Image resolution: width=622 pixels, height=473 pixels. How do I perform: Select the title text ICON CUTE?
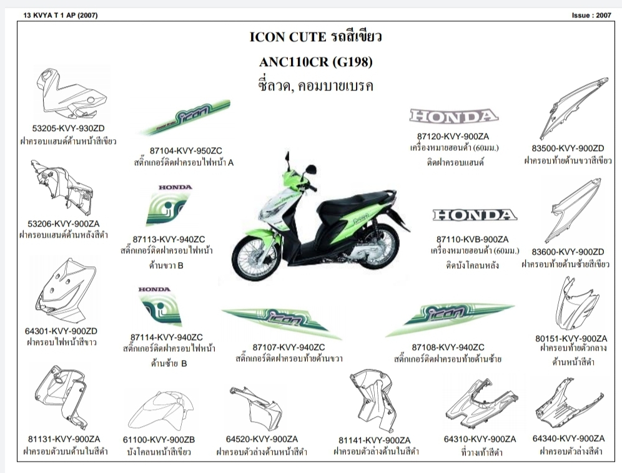coord(287,37)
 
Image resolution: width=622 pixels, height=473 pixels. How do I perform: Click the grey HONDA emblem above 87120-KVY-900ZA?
coord(453,116)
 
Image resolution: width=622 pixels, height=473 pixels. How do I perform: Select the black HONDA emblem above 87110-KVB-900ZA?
coord(475,215)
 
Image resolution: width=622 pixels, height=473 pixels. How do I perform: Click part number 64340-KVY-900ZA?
coord(568,439)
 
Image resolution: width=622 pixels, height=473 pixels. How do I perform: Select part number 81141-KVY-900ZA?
coord(375,439)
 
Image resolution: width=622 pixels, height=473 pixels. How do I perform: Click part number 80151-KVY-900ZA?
coord(571,338)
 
